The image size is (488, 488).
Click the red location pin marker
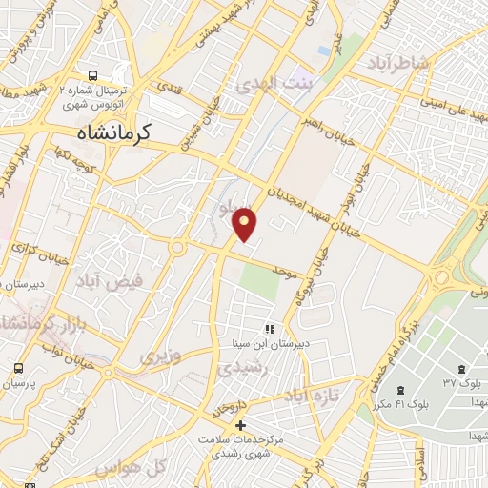coord(245,223)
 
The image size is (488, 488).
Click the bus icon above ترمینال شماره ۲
coord(91,75)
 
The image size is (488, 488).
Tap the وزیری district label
coord(159,357)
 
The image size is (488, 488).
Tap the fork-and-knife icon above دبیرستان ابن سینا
coord(269,329)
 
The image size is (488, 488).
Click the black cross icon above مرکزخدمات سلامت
coord(240,424)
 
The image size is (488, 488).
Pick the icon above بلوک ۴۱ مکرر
coord(399,389)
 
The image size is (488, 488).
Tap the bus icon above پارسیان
coord(18,368)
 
